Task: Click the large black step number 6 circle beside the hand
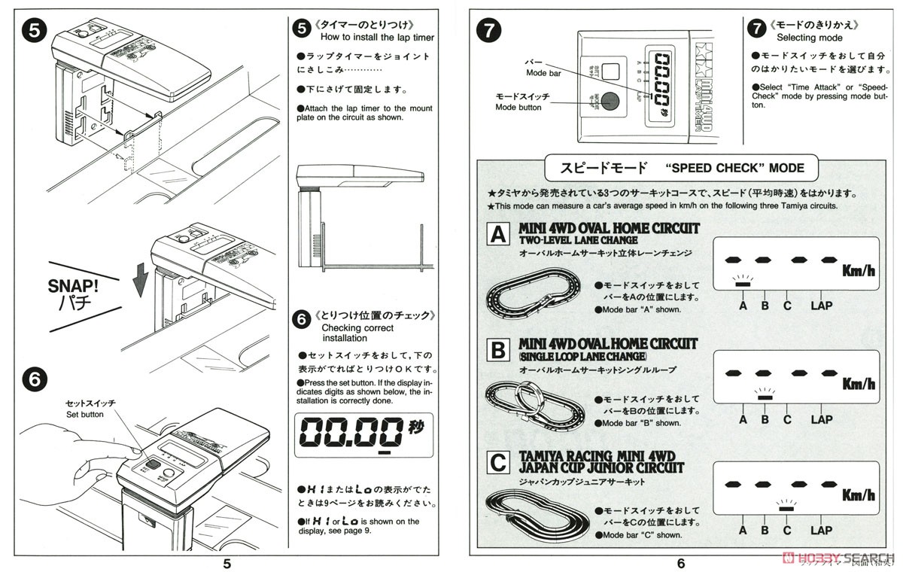[35, 381]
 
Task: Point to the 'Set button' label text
[85, 414]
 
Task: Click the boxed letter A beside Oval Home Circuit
[498, 235]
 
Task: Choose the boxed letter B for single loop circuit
[498, 351]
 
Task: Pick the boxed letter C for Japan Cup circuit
[498, 462]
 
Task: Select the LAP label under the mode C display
[821, 530]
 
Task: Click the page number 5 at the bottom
[227, 563]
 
